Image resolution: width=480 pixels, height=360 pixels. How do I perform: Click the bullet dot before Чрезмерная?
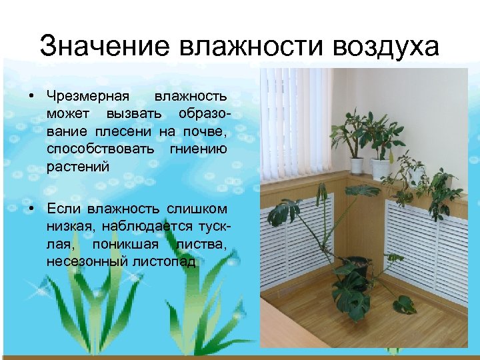tap(31, 97)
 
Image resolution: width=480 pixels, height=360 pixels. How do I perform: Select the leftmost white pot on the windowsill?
tap(357, 164)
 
